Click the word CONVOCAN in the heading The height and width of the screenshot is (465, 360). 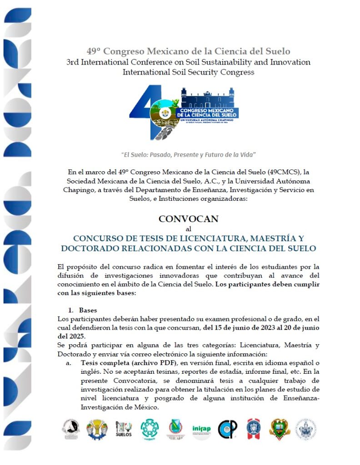188,218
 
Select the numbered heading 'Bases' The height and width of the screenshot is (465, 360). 88,311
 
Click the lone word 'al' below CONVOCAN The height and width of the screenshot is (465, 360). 189,228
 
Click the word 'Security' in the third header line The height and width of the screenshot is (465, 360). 206,72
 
